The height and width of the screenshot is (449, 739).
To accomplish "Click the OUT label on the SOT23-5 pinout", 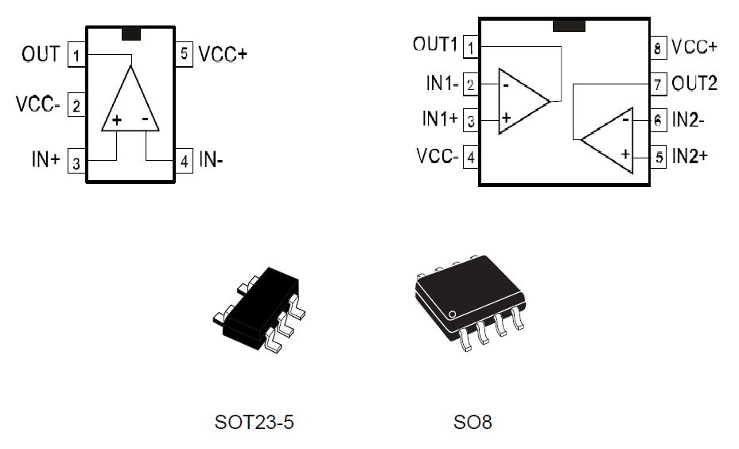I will point(41,54).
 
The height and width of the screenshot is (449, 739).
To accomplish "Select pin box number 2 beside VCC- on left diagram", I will point(76,105).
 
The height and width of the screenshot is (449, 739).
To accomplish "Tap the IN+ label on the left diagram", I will point(45,159).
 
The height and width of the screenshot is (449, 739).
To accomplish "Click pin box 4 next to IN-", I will point(184,162).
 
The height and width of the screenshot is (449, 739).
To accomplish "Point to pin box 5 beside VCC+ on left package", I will point(184,55).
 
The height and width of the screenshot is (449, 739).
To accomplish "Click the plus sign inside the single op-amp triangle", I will point(117,120).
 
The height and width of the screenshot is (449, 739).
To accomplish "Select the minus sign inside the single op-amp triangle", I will point(146,119).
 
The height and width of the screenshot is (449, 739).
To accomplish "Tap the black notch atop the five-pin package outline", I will point(130,34).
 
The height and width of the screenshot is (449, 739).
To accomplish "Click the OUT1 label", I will point(435,45).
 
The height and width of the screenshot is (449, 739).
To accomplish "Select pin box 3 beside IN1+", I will point(471,120).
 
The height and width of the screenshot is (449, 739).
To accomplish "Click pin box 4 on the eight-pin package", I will point(471,157).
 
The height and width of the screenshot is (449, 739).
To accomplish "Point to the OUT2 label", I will point(694,83).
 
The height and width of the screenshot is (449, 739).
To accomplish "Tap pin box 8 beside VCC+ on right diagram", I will point(657,48).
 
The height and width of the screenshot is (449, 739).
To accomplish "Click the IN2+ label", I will point(690,156).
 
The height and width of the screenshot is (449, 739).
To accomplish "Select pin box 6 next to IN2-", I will point(657,120).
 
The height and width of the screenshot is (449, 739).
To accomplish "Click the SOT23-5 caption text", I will point(254,422).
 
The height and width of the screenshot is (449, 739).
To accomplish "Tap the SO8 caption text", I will point(473,422).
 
